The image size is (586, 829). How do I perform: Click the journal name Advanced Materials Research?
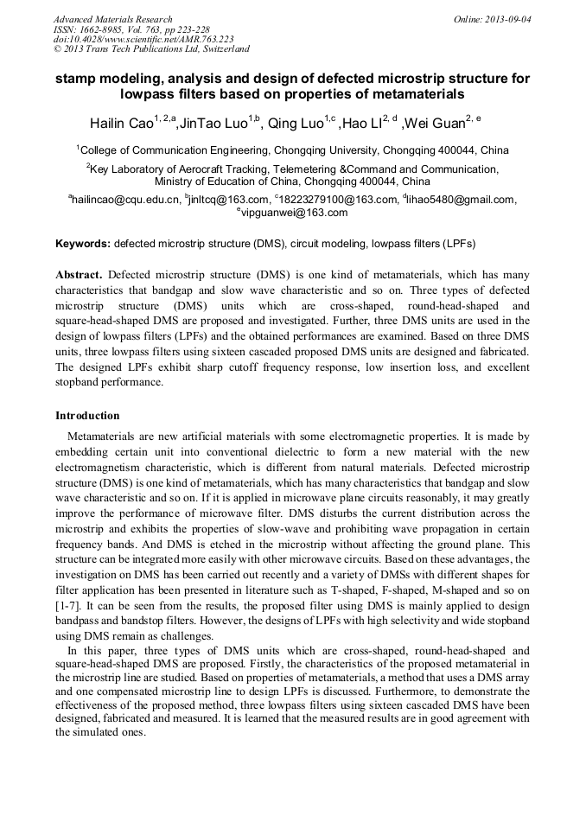pyautogui.click(x=112, y=19)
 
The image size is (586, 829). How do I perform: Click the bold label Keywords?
pyautogui.click(x=82, y=245)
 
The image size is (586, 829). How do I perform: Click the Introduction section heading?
pyautogui.click(x=87, y=416)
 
